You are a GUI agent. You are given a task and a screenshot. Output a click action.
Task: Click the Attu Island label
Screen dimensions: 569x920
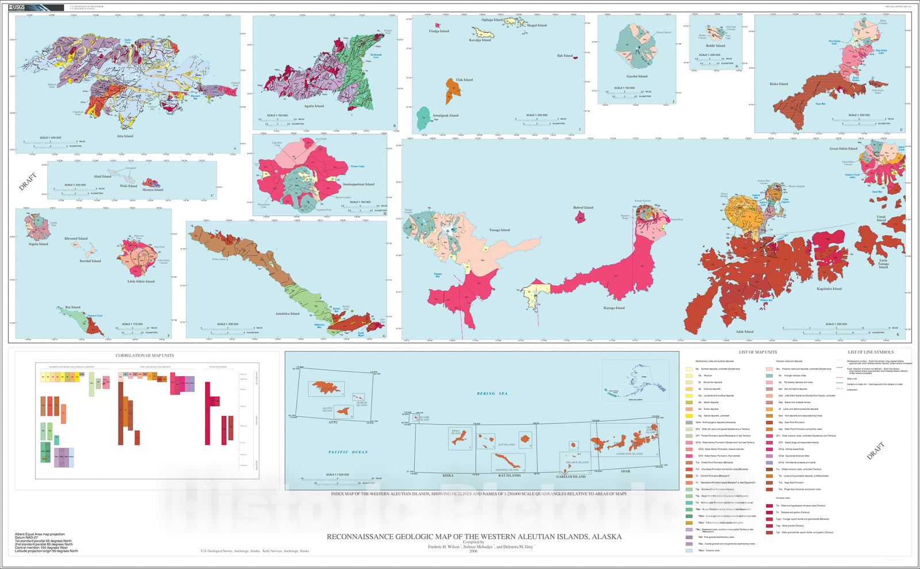(x=125, y=136)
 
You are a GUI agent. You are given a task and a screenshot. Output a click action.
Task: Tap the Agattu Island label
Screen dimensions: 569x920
(x=314, y=106)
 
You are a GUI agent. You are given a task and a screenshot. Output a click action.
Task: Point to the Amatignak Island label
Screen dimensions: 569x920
(x=446, y=116)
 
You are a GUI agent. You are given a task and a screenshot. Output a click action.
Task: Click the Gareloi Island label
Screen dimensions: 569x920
(x=637, y=76)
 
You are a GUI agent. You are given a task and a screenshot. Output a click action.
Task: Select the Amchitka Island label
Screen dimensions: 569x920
(x=287, y=314)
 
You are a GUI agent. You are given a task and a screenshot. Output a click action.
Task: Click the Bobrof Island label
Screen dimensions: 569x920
(x=583, y=207)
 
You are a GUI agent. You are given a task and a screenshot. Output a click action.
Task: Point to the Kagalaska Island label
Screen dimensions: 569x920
(x=829, y=289)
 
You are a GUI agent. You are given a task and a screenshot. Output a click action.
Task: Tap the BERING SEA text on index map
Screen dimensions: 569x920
(x=492, y=394)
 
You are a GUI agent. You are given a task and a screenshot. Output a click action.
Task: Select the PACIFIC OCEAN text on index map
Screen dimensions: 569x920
(x=348, y=452)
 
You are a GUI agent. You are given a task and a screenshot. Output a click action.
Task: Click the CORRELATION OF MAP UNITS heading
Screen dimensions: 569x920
(x=144, y=355)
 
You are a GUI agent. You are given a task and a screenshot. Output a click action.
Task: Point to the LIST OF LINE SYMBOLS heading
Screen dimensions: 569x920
(x=871, y=352)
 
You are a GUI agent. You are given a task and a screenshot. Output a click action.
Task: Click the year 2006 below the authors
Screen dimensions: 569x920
(x=473, y=551)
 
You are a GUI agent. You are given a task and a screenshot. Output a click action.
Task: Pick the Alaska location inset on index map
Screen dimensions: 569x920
(x=635, y=380)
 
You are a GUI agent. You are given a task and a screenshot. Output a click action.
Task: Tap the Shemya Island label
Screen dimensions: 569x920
(x=154, y=190)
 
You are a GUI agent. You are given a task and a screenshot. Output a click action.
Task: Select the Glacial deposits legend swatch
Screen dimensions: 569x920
(x=689, y=416)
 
